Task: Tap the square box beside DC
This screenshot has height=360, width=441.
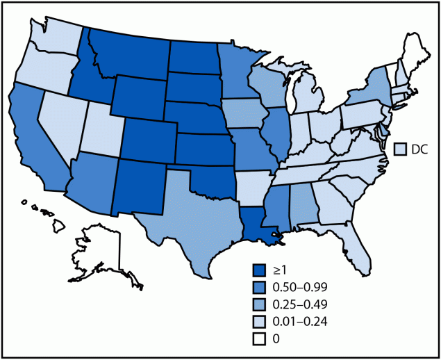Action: click(400, 149)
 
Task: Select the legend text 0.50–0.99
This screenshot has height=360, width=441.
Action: click(300, 285)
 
